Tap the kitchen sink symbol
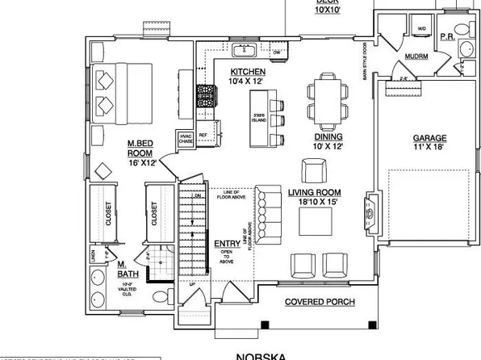244,52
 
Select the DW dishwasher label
277,53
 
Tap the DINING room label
328,136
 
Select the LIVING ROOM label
315,192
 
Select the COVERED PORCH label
319,303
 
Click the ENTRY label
227,244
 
